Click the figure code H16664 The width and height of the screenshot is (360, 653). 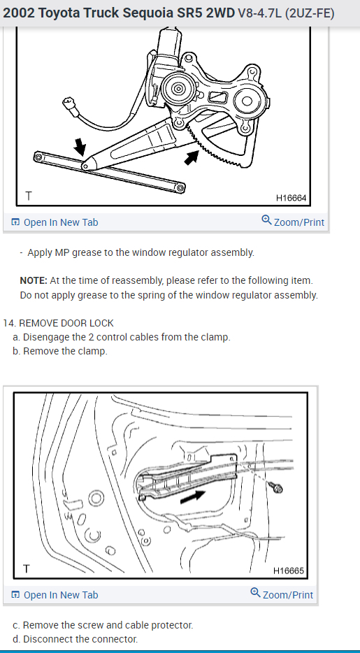291,198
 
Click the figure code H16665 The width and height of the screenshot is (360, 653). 289,571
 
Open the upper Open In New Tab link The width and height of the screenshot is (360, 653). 55,222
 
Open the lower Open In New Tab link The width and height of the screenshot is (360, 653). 55,595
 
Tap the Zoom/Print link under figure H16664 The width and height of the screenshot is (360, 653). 293,221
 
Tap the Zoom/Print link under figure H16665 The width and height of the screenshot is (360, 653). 282,594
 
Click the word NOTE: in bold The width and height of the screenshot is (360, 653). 34,280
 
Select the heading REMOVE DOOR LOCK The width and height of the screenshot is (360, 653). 66,323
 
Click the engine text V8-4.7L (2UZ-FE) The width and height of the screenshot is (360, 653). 286,13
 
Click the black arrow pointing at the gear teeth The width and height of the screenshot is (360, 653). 192,157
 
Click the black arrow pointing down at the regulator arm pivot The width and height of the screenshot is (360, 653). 80,147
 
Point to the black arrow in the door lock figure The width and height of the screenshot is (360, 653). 193,496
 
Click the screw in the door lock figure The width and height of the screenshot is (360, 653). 276,487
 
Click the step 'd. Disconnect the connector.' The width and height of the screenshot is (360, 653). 75,639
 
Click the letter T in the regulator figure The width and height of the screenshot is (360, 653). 28,196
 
